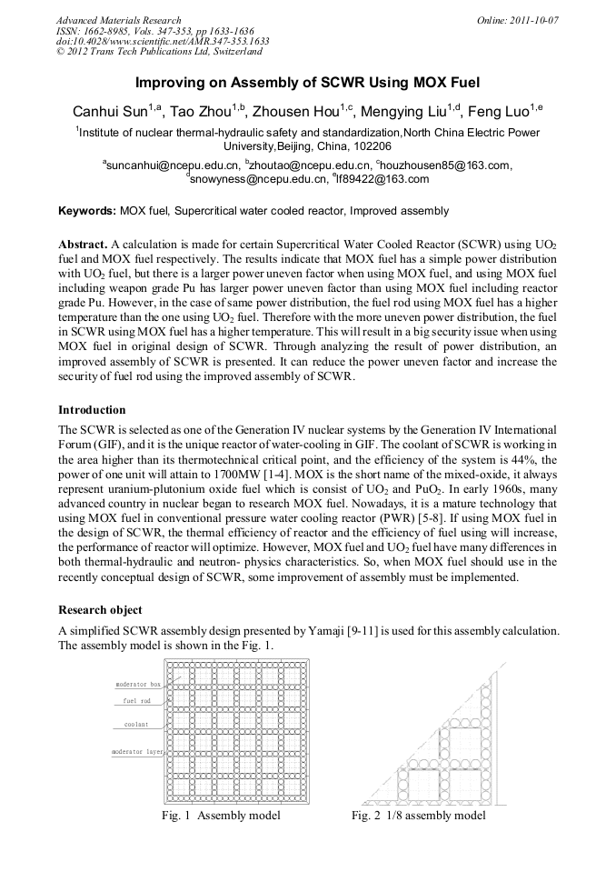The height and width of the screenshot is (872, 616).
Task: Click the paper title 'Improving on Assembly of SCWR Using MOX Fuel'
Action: pos(307,82)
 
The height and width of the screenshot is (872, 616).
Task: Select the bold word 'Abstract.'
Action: pos(83,246)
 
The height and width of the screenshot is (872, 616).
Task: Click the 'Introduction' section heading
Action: pos(92,409)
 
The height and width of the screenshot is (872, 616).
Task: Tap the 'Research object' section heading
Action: pos(100,609)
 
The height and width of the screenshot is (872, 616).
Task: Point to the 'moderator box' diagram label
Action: pos(137,683)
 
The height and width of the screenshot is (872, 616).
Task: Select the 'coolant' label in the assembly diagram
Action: pos(136,725)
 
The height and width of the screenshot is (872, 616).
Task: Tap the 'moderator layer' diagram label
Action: pos(137,752)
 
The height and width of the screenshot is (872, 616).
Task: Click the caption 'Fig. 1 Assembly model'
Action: pos(221,815)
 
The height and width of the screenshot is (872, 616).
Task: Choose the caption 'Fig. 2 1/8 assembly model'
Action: pos(419,815)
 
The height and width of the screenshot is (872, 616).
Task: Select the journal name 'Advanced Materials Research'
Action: pos(118,20)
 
